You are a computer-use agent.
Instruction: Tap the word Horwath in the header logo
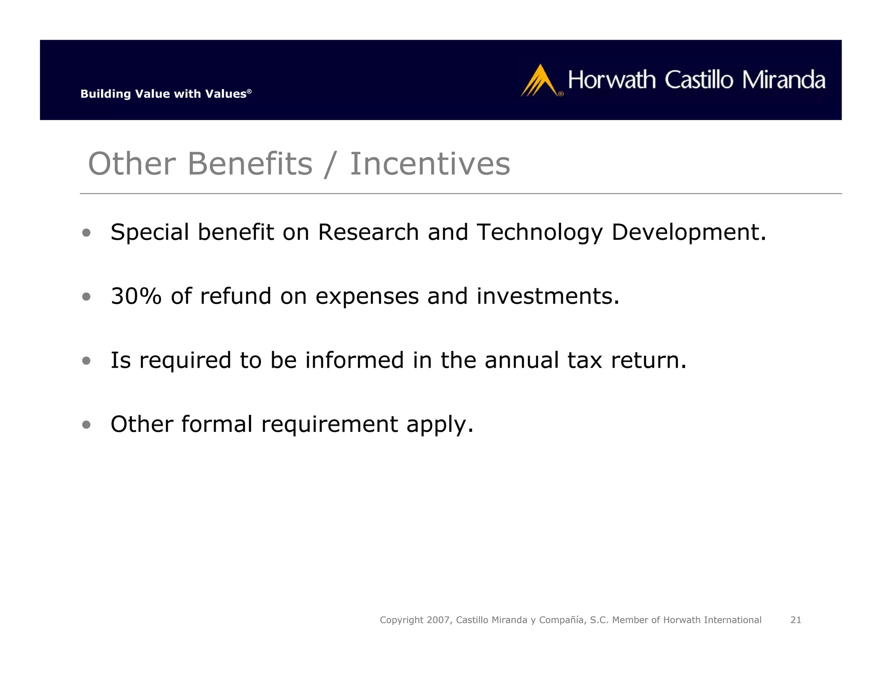pyautogui.click(x=612, y=80)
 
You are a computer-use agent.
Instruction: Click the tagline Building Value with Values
pyautogui.click(x=165, y=94)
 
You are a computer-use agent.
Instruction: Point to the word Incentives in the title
pyautogui.click(x=430, y=164)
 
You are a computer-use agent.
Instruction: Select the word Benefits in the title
pyautogui.click(x=250, y=164)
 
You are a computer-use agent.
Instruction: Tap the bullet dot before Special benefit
pyautogui.click(x=87, y=233)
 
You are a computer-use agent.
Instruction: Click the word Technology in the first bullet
pyautogui.click(x=540, y=232)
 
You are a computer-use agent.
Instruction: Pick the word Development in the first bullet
pyautogui.click(x=688, y=232)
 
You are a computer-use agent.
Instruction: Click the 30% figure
pyautogui.click(x=136, y=296)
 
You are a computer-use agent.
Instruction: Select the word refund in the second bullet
pyautogui.click(x=236, y=296)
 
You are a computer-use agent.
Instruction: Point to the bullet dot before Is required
pyautogui.click(x=87, y=361)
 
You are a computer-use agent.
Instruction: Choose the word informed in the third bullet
pyautogui.click(x=354, y=360)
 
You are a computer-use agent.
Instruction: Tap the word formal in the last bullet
pyautogui.click(x=217, y=424)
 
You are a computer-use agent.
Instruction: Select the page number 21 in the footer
pyautogui.click(x=795, y=620)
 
